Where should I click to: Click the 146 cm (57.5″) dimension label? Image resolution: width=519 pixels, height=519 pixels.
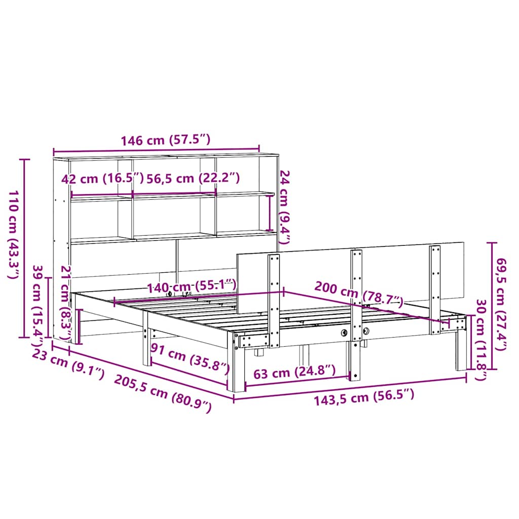click(x=166, y=140)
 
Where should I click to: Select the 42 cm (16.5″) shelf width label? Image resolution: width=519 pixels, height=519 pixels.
click(x=102, y=179)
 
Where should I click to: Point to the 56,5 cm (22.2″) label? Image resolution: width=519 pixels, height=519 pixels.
click(x=193, y=178)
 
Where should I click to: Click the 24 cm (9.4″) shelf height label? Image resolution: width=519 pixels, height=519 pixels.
click(x=285, y=207)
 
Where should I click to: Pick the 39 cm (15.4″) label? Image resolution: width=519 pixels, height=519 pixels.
click(x=39, y=306)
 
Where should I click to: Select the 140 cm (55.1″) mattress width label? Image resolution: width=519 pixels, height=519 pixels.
click(x=191, y=286)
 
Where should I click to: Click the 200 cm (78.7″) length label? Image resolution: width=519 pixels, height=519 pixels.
click(x=359, y=294)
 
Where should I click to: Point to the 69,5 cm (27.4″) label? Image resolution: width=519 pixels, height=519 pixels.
click(x=500, y=305)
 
